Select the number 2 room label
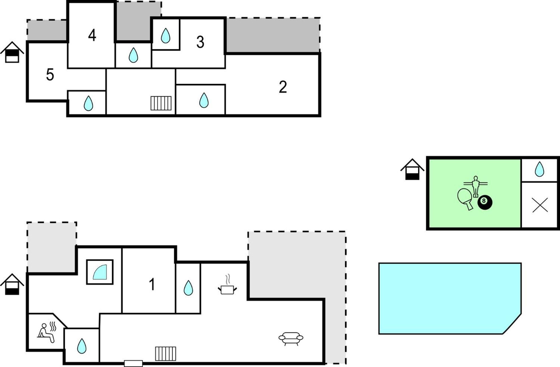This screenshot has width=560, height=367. click(x=283, y=87)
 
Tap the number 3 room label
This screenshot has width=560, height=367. click(x=200, y=42)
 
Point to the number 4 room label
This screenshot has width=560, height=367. click(x=92, y=35)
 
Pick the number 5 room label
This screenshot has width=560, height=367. click(x=50, y=75)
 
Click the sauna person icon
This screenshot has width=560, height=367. click(x=47, y=332)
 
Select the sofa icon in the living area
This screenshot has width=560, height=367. click(x=291, y=338)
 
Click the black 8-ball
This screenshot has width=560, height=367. click(x=485, y=202)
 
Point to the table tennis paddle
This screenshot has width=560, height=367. click(x=465, y=198)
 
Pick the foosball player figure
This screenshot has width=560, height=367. click(x=476, y=186)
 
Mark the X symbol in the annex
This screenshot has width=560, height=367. click(x=540, y=205)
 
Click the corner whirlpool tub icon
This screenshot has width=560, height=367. click(x=100, y=272)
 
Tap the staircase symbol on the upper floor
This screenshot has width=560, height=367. click(x=161, y=103)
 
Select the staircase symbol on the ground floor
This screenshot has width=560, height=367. click(x=166, y=353)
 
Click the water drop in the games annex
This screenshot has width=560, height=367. click(x=539, y=169)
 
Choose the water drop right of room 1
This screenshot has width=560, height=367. click(x=188, y=288)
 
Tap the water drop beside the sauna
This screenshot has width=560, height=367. click(x=82, y=346)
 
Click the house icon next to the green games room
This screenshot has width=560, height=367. click(x=412, y=169)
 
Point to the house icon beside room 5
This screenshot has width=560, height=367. click(x=12, y=52)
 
